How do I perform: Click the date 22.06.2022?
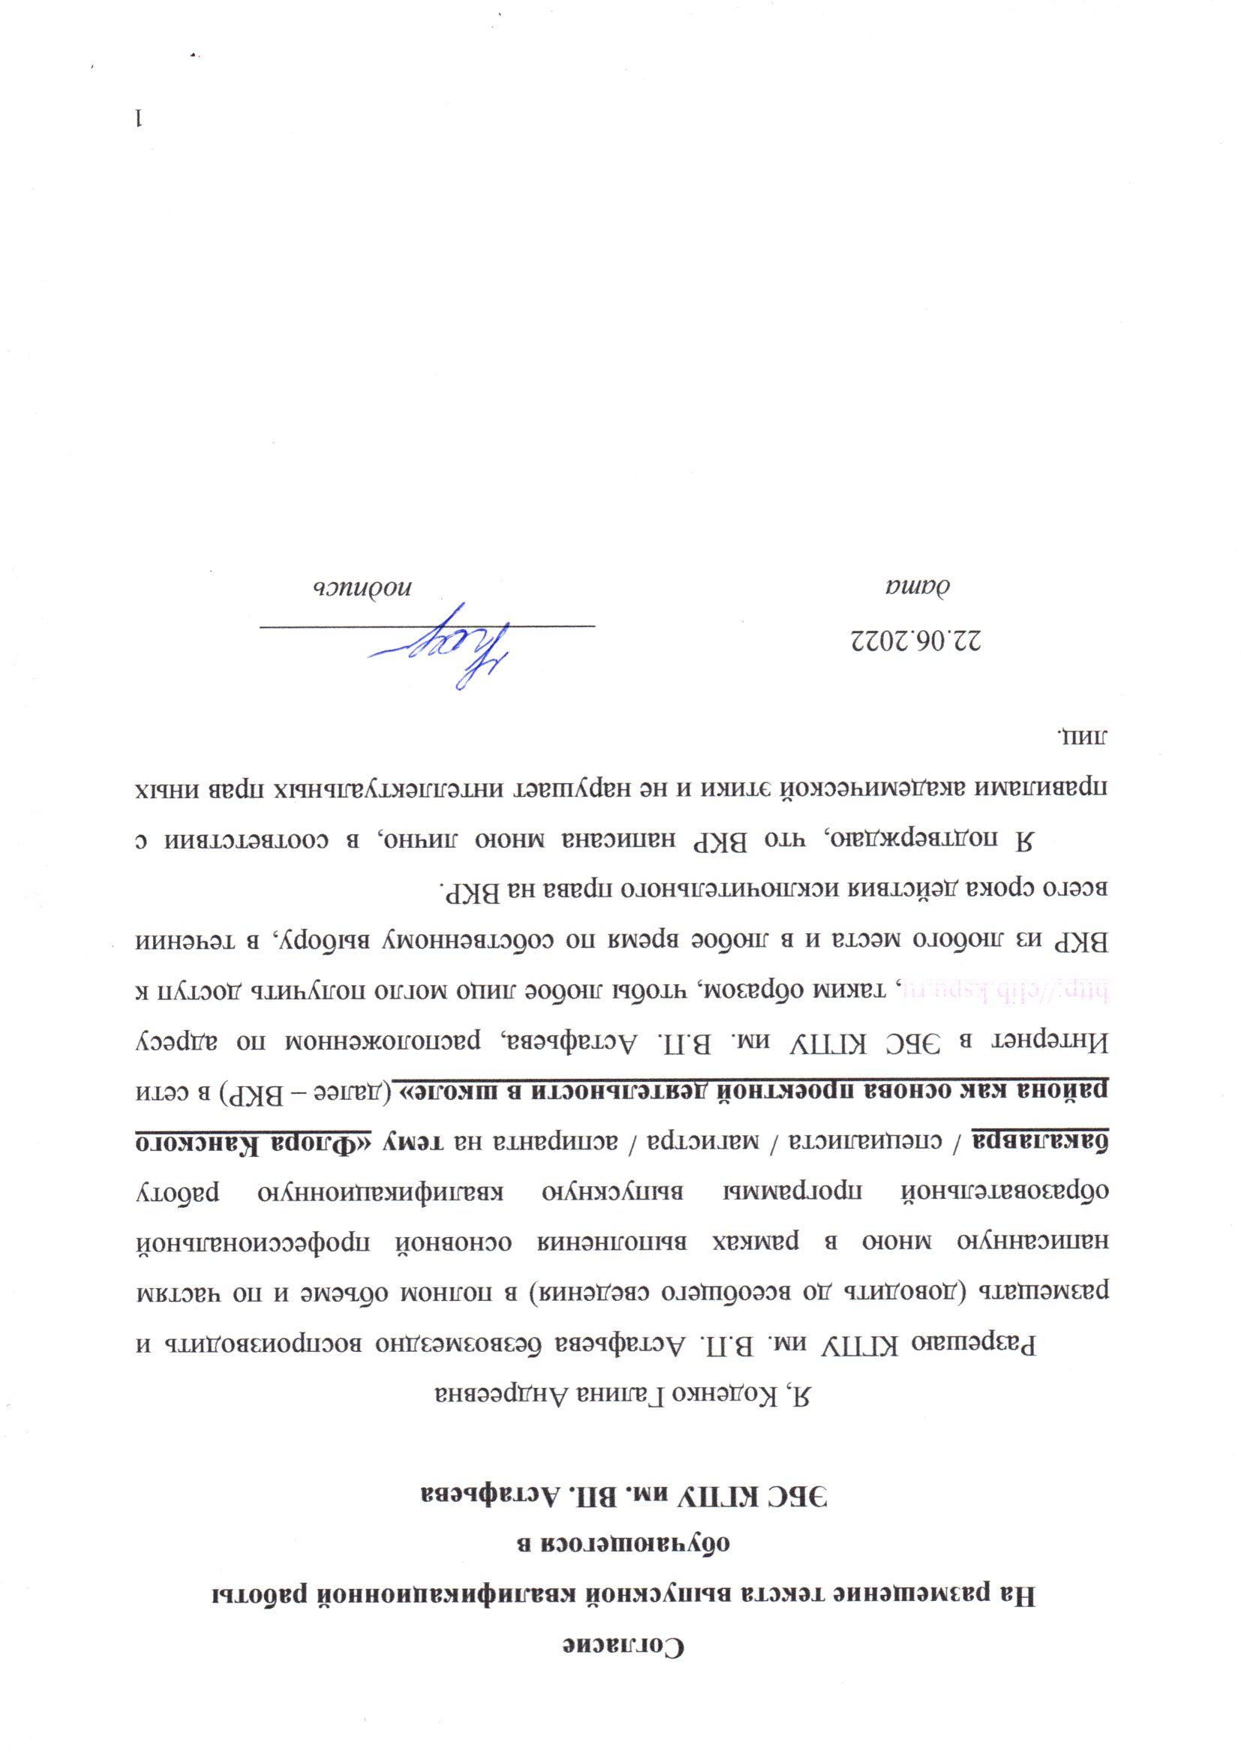[916, 639]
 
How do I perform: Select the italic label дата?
[917, 587]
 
